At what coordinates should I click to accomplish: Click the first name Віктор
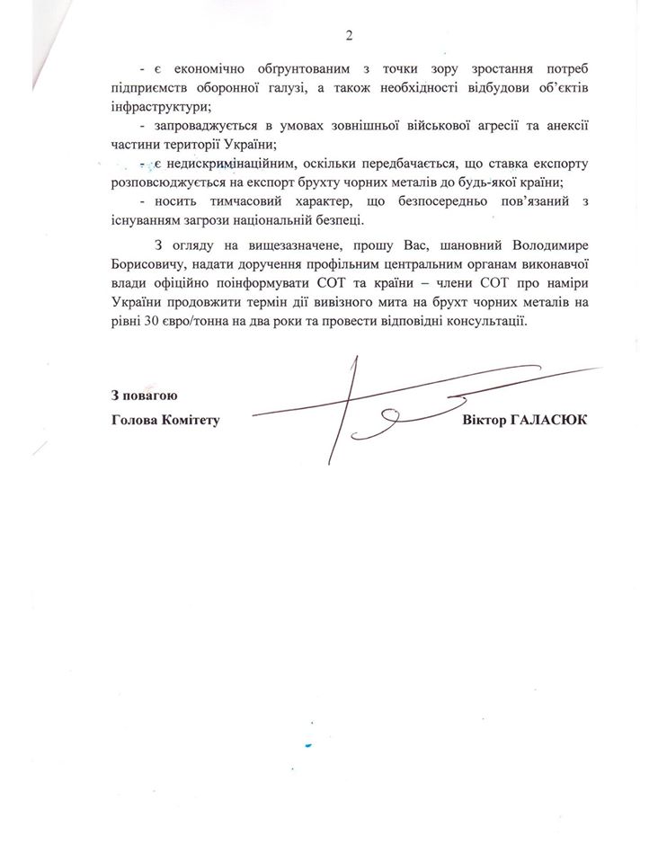coord(486,420)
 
